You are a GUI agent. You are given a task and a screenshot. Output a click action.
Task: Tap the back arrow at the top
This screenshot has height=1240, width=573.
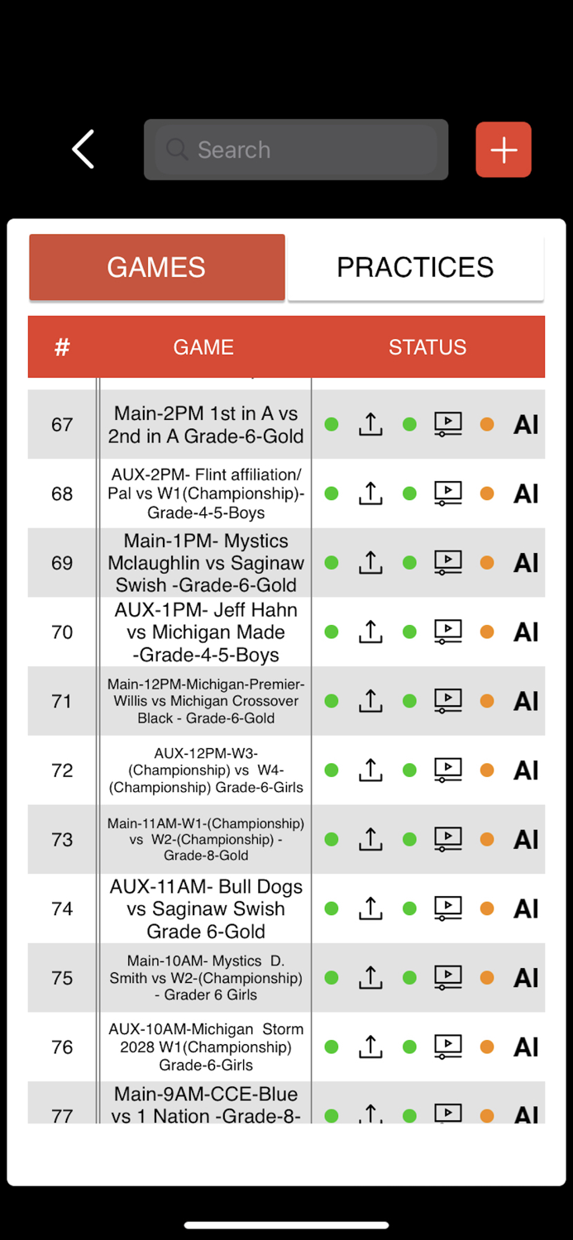coord(84,150)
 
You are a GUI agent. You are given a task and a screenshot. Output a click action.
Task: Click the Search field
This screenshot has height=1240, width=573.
coord(296,150)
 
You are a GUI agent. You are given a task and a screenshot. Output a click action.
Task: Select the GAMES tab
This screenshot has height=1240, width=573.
coord(157,267)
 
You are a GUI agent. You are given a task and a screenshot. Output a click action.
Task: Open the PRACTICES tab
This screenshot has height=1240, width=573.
coord(415,267)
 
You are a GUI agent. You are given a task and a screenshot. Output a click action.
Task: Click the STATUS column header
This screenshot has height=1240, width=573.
coord(427,347)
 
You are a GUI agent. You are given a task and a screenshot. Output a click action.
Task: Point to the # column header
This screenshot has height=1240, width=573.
coord(62,347)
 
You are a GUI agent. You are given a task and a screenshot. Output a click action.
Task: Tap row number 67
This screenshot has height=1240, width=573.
coord(62,425)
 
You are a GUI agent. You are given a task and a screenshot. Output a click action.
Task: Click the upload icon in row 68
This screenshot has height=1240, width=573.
coord(370,494)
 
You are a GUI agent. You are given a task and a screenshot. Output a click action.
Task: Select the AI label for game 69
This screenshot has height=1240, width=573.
coord(526,563)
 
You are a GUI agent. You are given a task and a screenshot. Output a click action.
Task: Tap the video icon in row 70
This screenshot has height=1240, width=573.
coord(448,632)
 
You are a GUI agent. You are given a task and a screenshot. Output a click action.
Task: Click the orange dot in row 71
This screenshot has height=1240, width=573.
coord(487,701)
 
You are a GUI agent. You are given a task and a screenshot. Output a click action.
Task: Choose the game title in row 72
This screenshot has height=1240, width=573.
coord(206,770)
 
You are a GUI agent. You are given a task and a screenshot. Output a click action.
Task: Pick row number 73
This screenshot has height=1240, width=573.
coord(62,840)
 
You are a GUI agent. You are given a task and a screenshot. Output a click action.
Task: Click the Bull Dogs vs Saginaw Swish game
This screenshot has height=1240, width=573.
coord(206,909)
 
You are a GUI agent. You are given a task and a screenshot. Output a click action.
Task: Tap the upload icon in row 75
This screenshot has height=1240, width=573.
coord(370,978)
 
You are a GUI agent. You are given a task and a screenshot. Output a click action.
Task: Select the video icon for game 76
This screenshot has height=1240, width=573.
coord(448,1047)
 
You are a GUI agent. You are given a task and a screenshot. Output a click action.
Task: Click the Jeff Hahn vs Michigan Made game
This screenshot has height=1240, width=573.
coord(206,632)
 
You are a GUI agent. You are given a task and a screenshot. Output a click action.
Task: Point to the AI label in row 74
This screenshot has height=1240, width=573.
coord(526,909)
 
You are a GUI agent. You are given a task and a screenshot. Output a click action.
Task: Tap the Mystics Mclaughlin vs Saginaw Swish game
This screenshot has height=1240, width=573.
coord(206,563)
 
